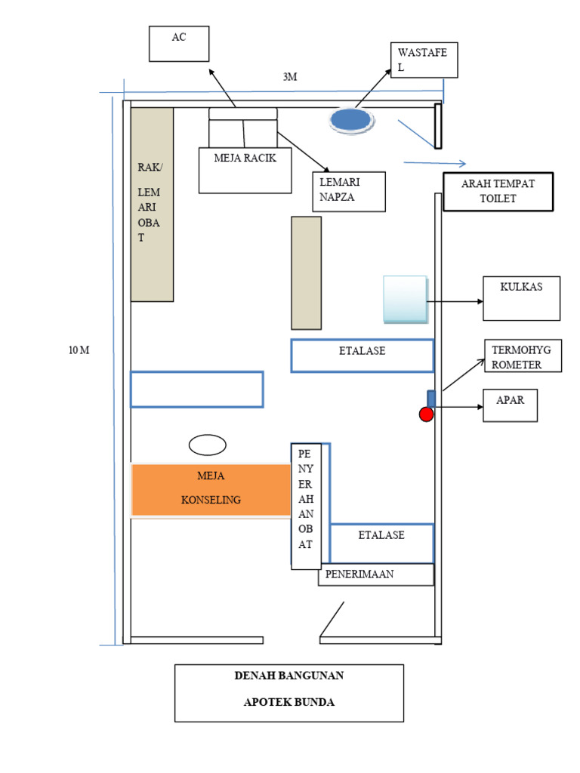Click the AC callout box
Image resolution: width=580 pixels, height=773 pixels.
[x=179, y=44]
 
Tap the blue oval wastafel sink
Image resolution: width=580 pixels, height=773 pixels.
[x=351, y=120]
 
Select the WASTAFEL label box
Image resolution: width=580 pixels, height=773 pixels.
[x=424, y=60]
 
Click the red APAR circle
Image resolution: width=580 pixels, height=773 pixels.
[x=426, y=414]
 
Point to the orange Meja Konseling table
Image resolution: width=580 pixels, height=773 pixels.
[x=211, y=489]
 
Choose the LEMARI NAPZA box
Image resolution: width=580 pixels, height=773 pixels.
[x=349, y=192]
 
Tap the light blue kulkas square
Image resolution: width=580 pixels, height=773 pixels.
[x=406, y=299]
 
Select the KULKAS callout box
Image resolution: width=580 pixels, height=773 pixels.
[x=521, y=298]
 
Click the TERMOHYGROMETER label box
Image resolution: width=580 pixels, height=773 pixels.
[x=523, y=356]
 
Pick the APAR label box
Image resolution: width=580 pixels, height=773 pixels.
[x=510, y=405]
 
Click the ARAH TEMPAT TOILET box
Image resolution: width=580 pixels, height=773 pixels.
[x=498, y=192]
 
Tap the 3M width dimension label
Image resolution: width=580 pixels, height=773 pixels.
[x=290, y=77]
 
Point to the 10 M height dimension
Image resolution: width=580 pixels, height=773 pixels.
[x=79, y=350]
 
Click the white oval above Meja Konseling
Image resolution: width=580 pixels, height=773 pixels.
[x=208, y=445]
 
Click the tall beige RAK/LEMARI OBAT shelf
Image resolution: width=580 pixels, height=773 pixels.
[x=152, y=204]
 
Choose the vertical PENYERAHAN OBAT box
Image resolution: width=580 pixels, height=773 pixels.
[x=306, y=507]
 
